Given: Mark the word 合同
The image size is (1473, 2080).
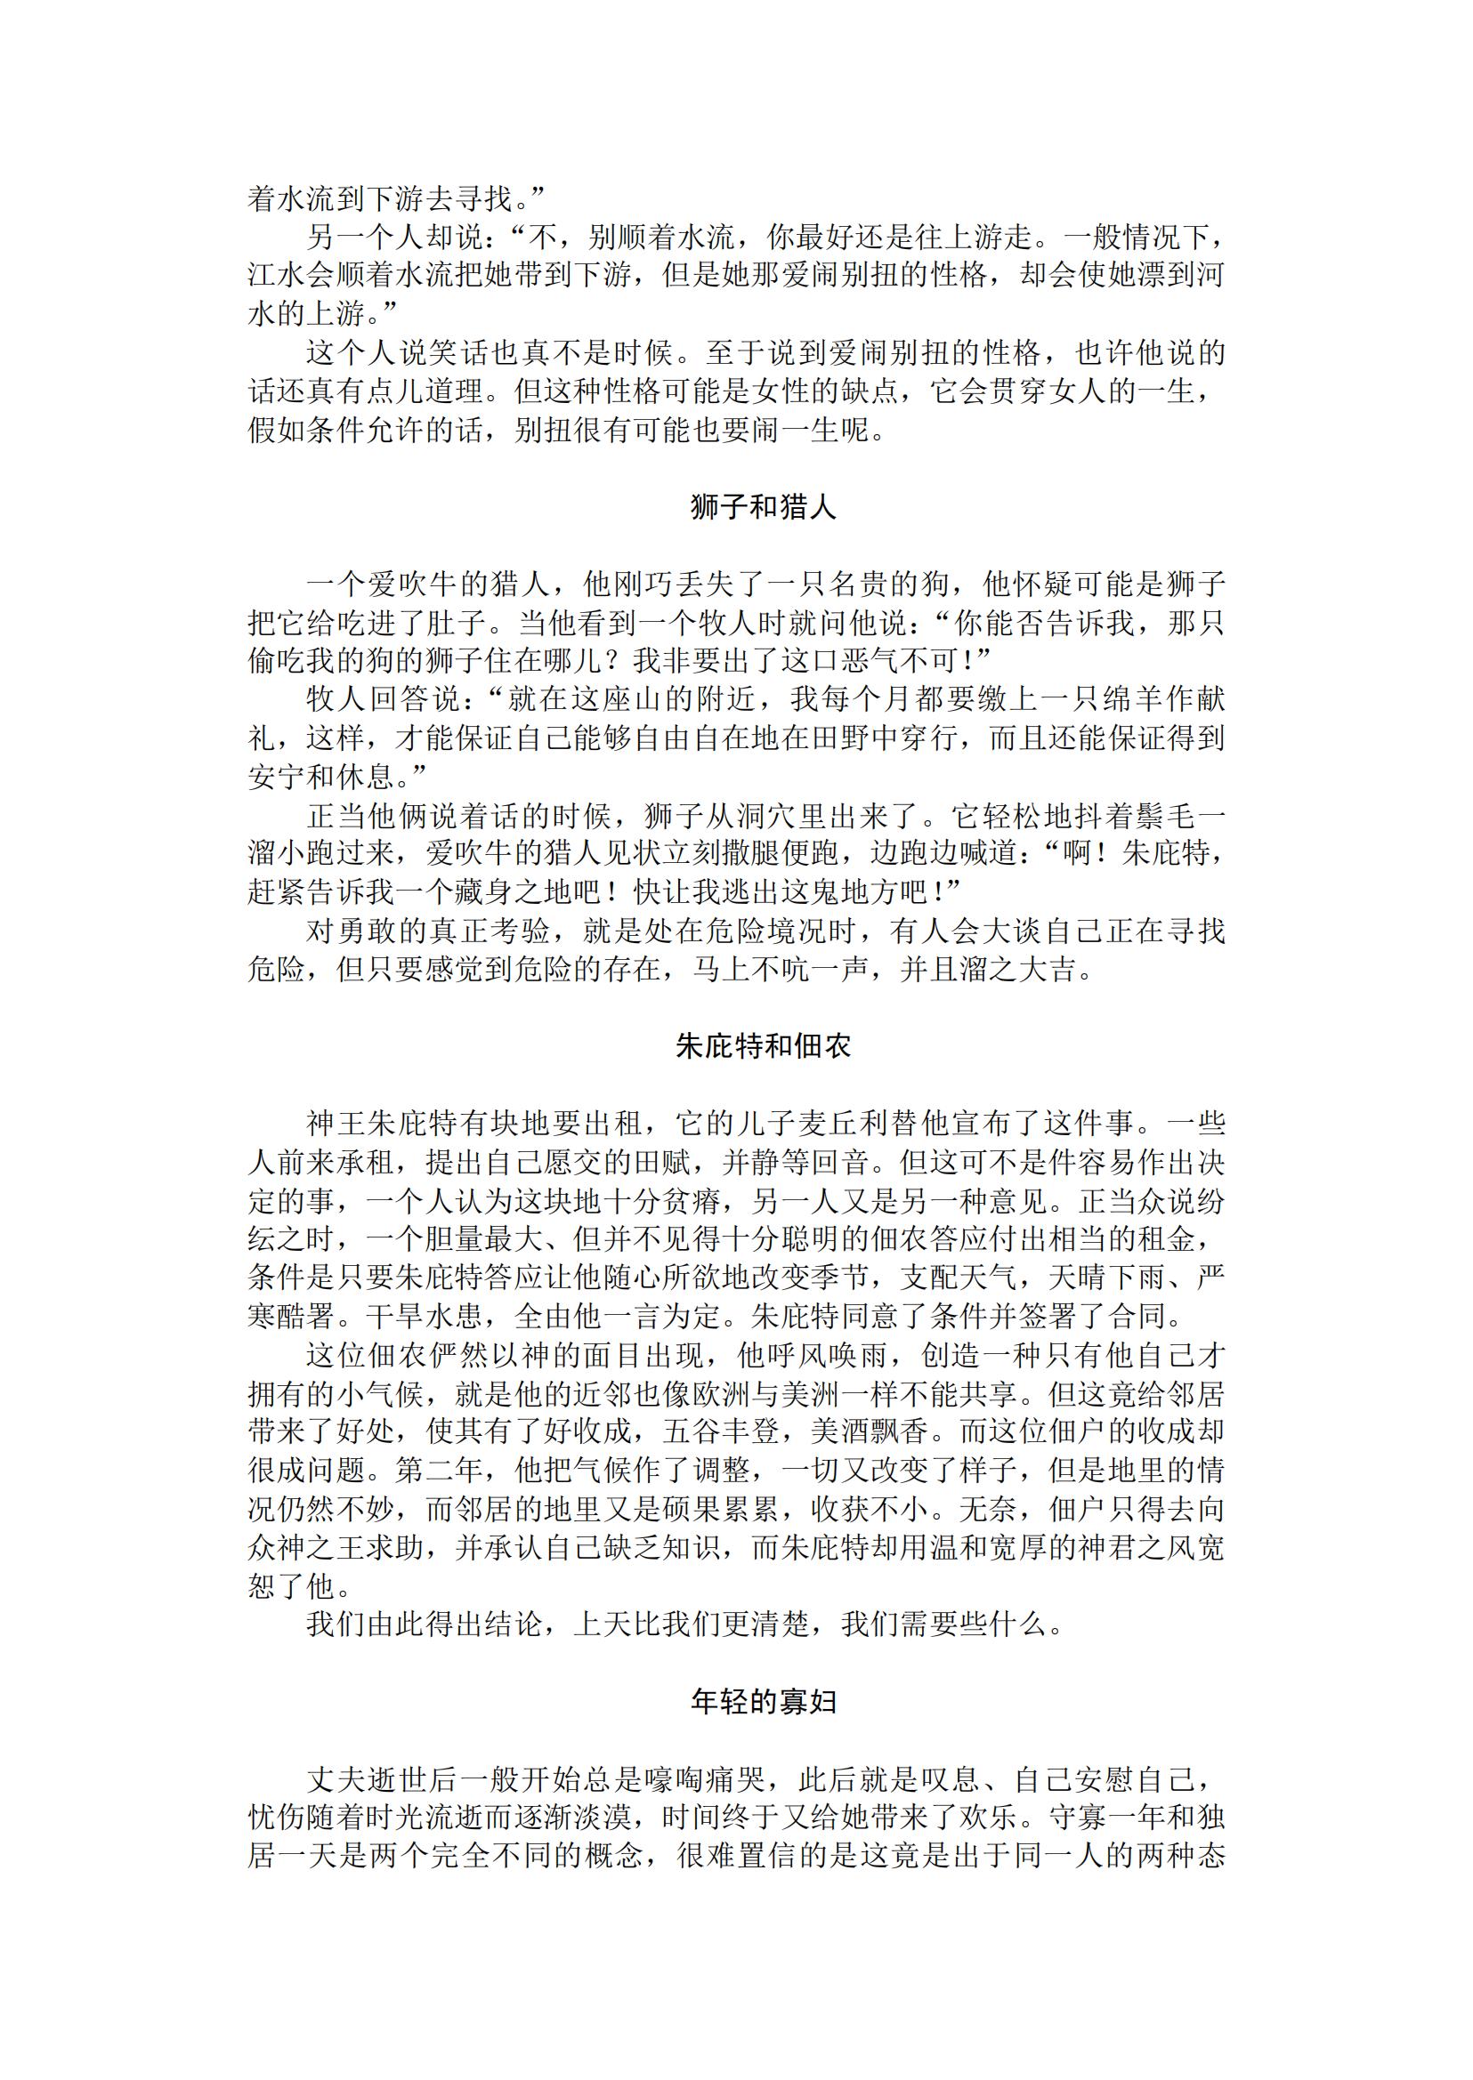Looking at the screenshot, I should click(x=1152, y=1316).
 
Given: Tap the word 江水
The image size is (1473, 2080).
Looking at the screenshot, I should click(x=278, y=275).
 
